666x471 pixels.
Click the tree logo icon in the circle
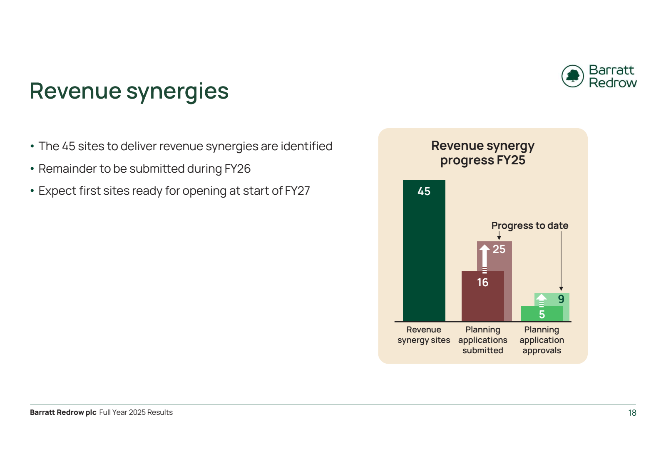[572, 76]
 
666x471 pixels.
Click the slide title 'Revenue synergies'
[129, 92]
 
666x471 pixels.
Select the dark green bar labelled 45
[424, 250]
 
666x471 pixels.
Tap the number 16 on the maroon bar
[482, 282]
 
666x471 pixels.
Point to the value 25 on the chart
[499, 249]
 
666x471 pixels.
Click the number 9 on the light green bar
[561, 299]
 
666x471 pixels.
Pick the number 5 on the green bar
[542, 315]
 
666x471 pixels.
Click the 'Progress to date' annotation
[530, 226]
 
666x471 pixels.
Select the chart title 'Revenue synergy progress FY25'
[483, 153]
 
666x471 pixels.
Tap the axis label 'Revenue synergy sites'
[424, 335]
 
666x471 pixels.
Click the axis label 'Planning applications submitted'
[482, 340]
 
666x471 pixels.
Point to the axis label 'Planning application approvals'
[542, 340]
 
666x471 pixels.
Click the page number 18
[632, 413]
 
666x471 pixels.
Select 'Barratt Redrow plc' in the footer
[63, 412]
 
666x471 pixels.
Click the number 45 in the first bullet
[68, 146]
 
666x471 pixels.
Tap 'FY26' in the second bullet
[238, 169]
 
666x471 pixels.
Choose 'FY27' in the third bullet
[297, 191]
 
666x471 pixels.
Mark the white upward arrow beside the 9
[541, 300]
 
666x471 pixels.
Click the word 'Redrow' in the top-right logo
[613, 83]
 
